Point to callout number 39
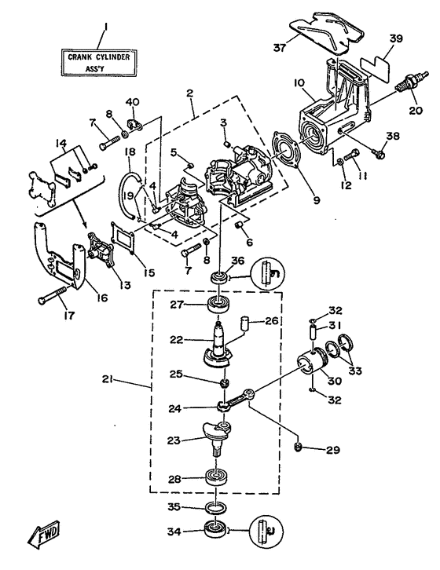click(396, 39)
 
